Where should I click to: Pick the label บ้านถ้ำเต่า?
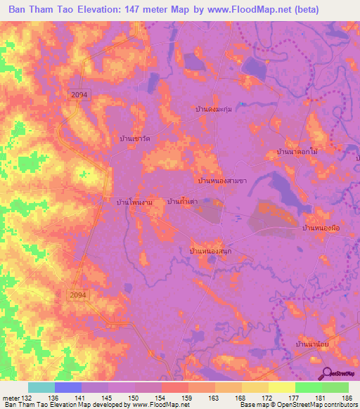click(181, 202)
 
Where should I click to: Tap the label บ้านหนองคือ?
click(321, 228)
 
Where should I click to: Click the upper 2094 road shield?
click(79, 93)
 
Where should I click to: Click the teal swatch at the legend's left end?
click(41, 387)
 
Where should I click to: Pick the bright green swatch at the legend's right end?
click(335, 387)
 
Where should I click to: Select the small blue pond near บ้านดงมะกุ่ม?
click(241, 105)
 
